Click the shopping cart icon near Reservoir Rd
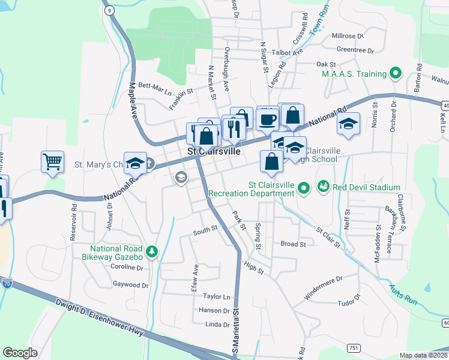(x=52, y=161)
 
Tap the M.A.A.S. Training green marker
(x=395, y=74)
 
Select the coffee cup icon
(x=267, y=118)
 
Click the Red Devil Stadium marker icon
(x=324, y=187)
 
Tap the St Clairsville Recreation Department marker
(x=304, y=188)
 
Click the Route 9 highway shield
(x=109, y=10)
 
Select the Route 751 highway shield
(x=354, y=347)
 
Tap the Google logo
(x=20, y=353)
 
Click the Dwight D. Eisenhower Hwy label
(x=101, y=315)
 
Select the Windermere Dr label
(x=323, y=279)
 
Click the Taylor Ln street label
(x=216, y=296)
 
